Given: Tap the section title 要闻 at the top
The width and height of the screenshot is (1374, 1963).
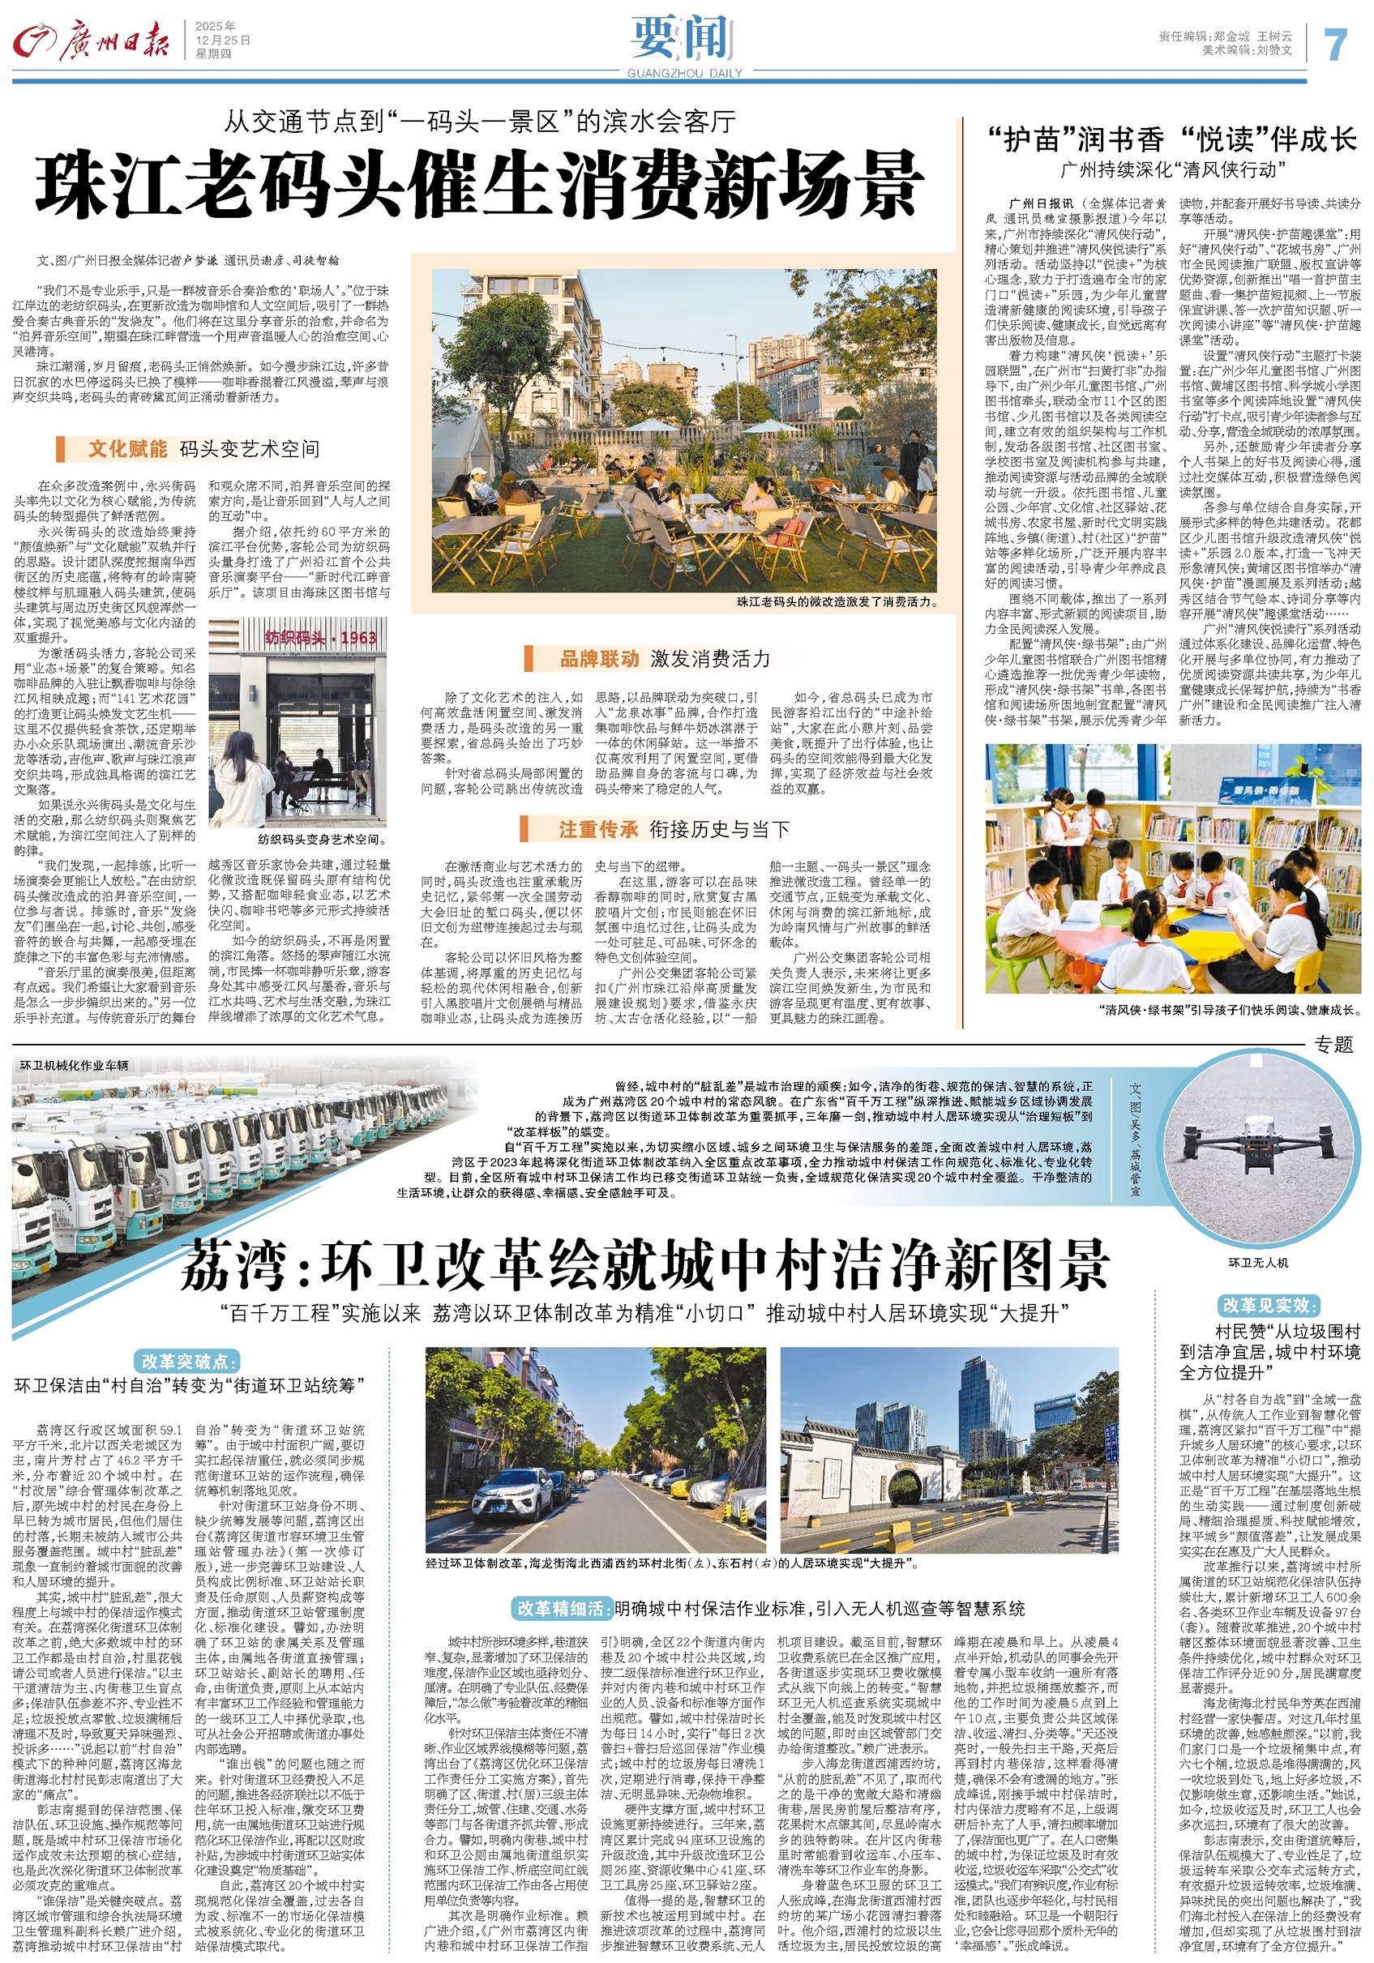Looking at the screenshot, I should click(x=683, y=38).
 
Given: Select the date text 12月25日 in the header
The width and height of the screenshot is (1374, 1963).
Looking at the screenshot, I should click(x=223, y=41).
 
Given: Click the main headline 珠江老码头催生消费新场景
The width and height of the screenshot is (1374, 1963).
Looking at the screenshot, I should click(x=480, y=185).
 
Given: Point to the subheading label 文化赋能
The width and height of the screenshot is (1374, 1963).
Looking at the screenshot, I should click(x=127, y=449).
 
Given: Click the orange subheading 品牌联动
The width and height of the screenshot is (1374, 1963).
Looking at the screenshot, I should click(x=598, y=658).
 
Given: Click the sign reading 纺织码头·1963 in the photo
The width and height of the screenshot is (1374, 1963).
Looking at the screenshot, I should click(x=309, y=637).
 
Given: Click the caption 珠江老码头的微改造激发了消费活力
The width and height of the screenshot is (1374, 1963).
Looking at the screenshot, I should click(x=837, y=602).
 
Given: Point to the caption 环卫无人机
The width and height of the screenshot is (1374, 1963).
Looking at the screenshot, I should click(x=1258, y=1263).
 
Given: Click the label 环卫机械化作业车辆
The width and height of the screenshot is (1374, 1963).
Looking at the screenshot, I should click(x=75, y=1065).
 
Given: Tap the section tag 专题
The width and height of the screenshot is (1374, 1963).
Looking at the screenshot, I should click(x=1333, y=1044).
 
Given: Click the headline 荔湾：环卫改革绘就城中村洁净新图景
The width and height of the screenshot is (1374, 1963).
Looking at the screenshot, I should click(x=645, y=1265).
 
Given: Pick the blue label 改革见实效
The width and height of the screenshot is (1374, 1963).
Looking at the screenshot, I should click(x=1269, y=1305).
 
